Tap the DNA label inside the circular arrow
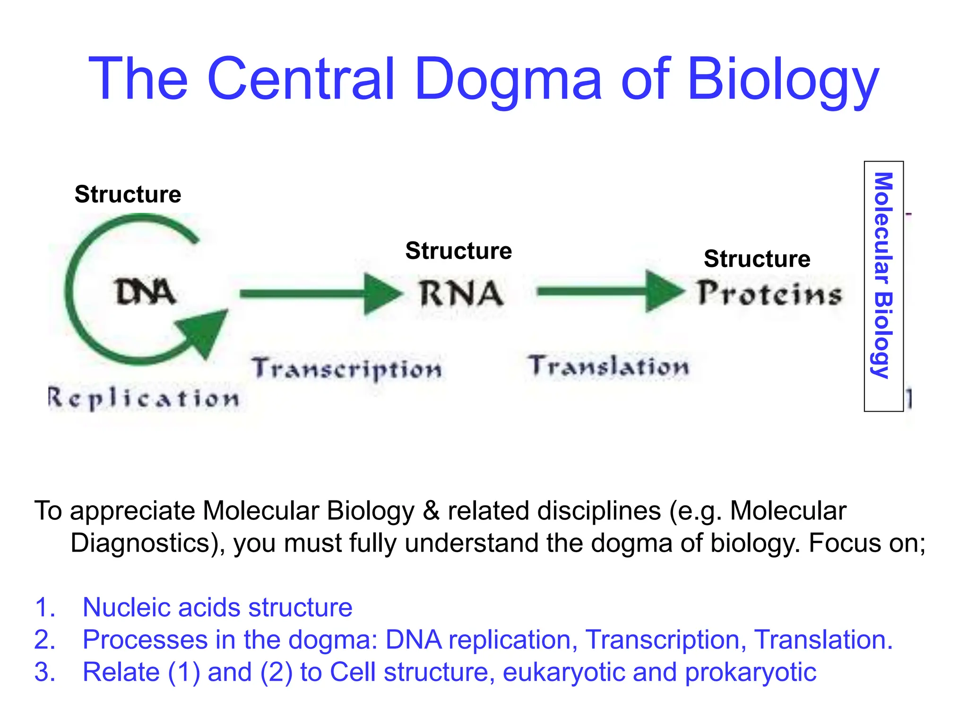(145, 292)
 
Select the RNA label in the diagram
(461, 294)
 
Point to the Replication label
(144, 398)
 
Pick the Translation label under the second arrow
(609, 366)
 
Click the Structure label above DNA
(128, 194)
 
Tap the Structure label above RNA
(458, 251)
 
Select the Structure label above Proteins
(757, 259)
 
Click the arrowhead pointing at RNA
(382, 294)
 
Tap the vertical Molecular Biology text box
(883, 286)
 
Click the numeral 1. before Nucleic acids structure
(45, 607)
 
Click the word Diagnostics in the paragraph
(140, 543)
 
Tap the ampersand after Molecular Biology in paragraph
(431, 511)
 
